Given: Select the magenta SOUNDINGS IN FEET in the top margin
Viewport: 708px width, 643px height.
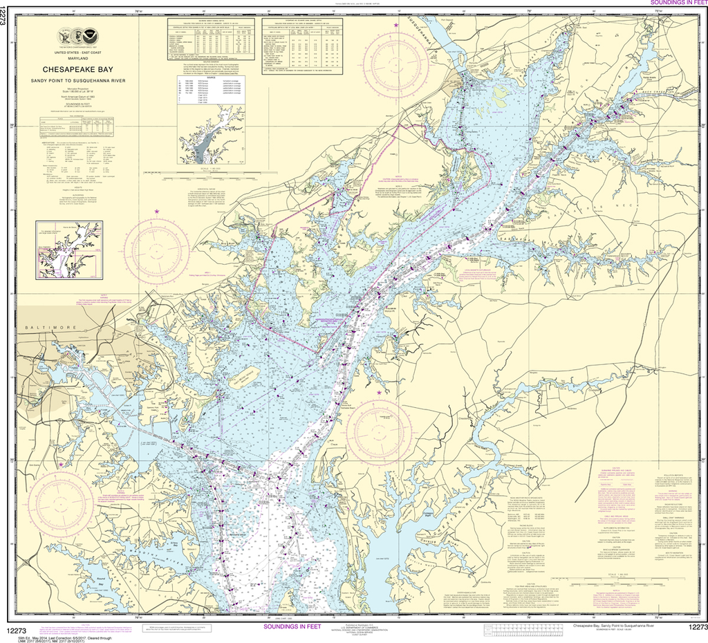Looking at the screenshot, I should coord(676,3).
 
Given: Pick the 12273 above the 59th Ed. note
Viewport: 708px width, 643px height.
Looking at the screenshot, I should coord(15,626).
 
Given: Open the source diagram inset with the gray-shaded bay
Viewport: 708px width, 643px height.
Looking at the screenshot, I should coord(211,133).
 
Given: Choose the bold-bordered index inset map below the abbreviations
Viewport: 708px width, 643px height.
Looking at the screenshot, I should coord(71,245).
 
